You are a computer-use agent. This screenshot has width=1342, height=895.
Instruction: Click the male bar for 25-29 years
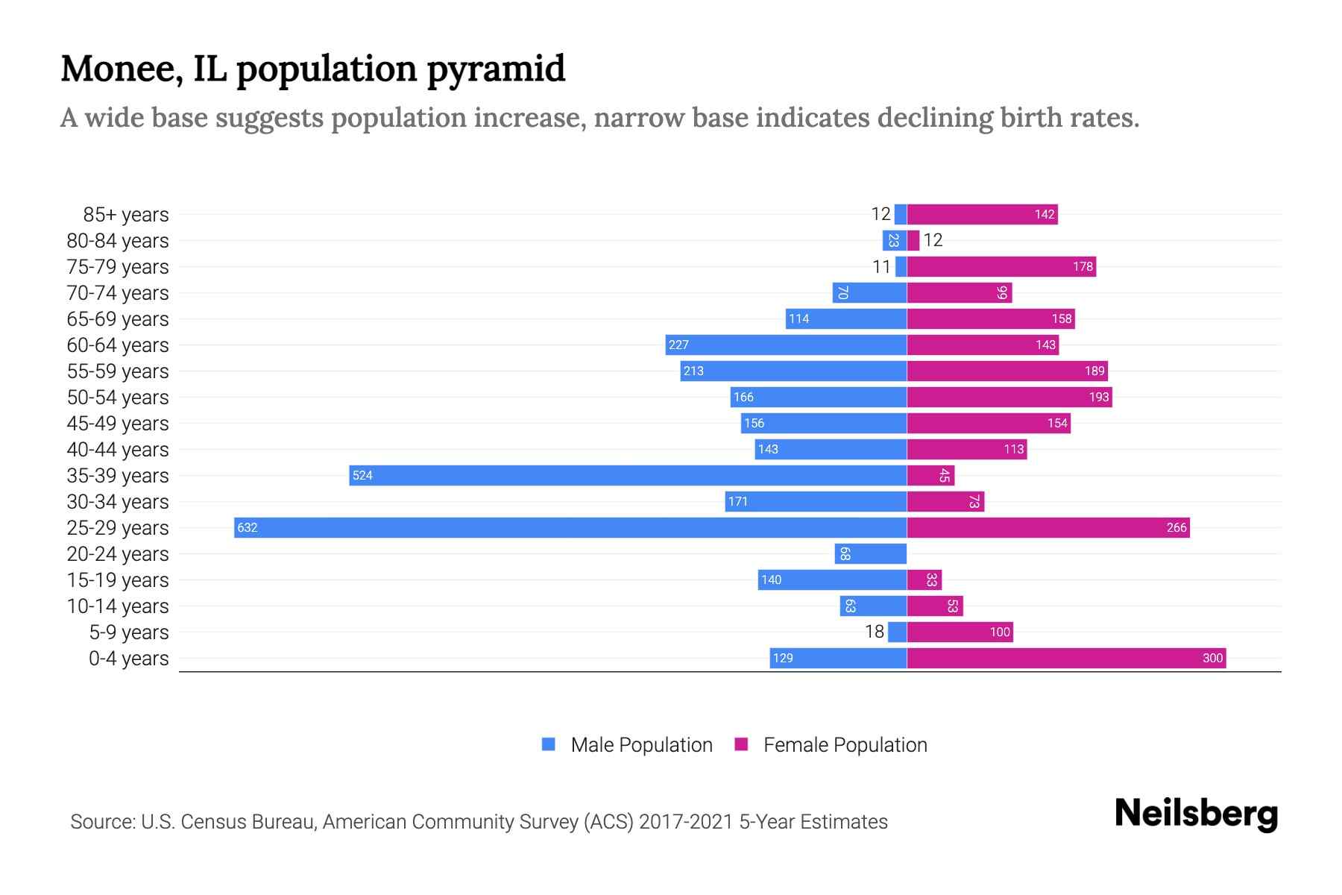pyautogui.click(x=570, y=528)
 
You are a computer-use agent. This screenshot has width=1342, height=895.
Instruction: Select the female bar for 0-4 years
pyautogui.click(x=1066, y=659)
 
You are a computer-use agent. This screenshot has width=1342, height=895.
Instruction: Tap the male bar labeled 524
pyautogui.click(x=628, y=476)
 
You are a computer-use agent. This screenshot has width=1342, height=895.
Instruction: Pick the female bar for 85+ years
pyautogui.click(x=982, y=215)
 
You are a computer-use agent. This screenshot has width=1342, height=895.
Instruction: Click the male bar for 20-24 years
pyautogui.click(x=871, y=554)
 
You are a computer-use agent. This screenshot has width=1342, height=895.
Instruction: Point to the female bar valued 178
pyautogui.click(x=1001, y=267)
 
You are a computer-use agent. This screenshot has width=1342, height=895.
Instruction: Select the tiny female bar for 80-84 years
pyautogui.click(x=913, y=241)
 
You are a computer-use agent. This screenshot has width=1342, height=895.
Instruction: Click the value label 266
pyautogui.click(x=1176, y=528)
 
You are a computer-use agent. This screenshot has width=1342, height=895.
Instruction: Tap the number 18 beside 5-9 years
pyautogui.click(x=875, y=632)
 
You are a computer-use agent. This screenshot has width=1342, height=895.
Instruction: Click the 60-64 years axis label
pyautogui.click(x=118, y=345)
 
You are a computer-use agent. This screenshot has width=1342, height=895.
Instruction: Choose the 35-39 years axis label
pyautogui.click(x=118, y=476)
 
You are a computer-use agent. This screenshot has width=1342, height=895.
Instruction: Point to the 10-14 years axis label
pyautogui.click(x=118, y=606)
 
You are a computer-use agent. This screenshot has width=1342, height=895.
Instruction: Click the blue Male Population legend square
pyautogui.click(x=549, y=744)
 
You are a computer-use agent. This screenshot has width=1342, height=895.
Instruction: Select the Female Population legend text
pyautogui.click(x=845, y=745)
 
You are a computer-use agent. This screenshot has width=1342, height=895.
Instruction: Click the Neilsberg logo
pyautogui.click(x=1196, y=814)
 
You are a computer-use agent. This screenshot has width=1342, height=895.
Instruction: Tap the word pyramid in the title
pyautogui.click(x=496, y=69)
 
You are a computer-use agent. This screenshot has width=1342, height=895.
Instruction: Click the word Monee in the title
pyautogui.click(x=122, y=69)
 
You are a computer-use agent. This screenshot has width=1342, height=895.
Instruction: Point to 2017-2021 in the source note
pyautogui.click(x=685, y=822)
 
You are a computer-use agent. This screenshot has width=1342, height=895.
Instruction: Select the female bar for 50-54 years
pyautogui.click(x=1009, y=398)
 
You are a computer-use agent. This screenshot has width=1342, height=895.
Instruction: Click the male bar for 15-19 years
pyautogui.click(x=832, y=580)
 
